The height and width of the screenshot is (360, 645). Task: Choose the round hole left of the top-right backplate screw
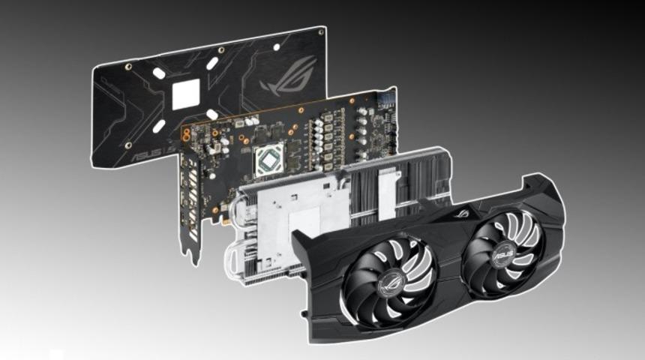(277, 47)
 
